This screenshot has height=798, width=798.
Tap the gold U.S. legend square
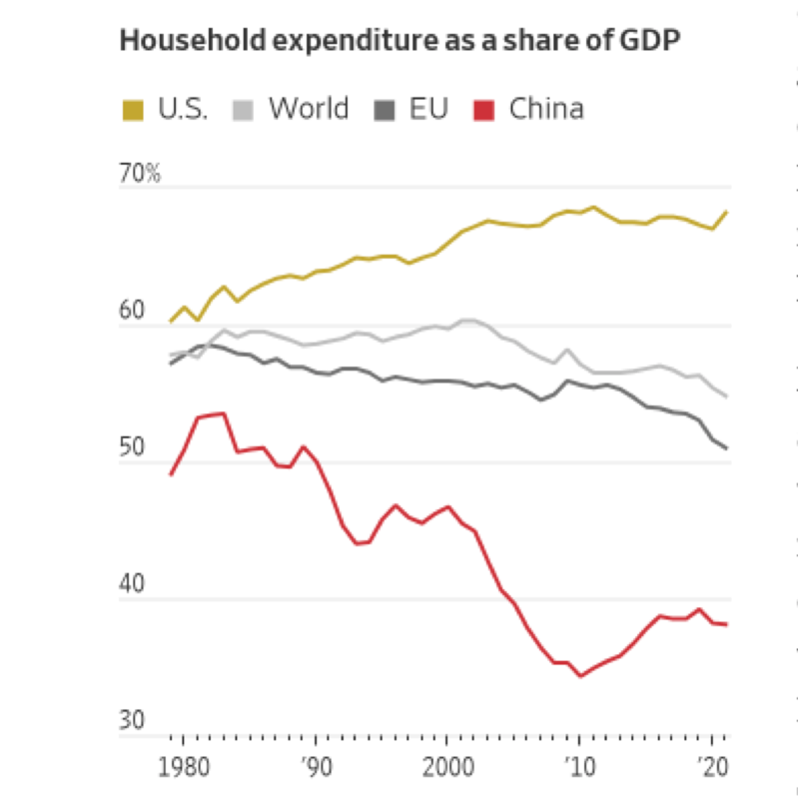coord(132,109)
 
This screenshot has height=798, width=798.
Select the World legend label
coord(309,108)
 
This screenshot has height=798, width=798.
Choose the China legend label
coord(546,108)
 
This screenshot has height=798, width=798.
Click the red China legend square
coord(483,109)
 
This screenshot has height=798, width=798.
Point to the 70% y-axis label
coord(140,173)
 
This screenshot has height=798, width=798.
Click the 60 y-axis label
coord(133,311)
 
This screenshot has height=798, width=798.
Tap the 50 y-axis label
coord(133,447)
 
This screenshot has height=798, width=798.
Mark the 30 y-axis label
coord(133,721)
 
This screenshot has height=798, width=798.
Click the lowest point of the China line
coord(580,676)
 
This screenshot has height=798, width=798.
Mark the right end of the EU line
coord(726,447)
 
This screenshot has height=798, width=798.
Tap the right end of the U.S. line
coord(726,212)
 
